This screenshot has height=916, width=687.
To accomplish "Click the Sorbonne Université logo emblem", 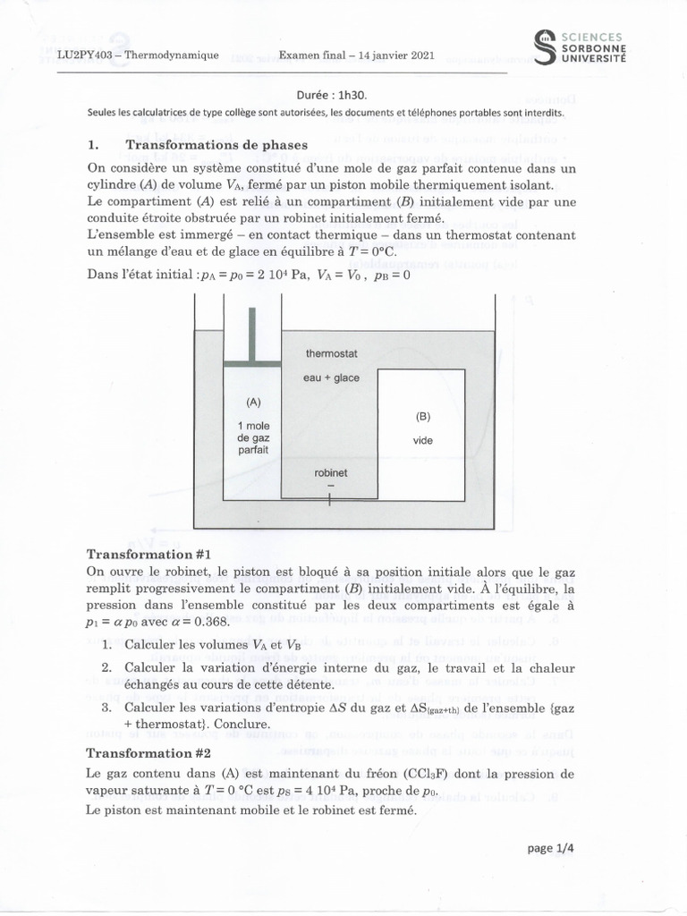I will (543, 47).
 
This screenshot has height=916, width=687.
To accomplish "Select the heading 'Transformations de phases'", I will (216, 145).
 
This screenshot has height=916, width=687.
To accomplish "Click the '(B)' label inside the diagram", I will (423, 416).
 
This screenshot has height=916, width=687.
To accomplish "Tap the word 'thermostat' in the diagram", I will (331, 354).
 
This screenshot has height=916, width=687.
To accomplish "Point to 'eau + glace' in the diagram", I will (331, 377).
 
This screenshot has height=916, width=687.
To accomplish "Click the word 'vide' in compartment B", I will (422, 440).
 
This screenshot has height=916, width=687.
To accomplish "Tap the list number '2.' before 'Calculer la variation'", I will (106, 667).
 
